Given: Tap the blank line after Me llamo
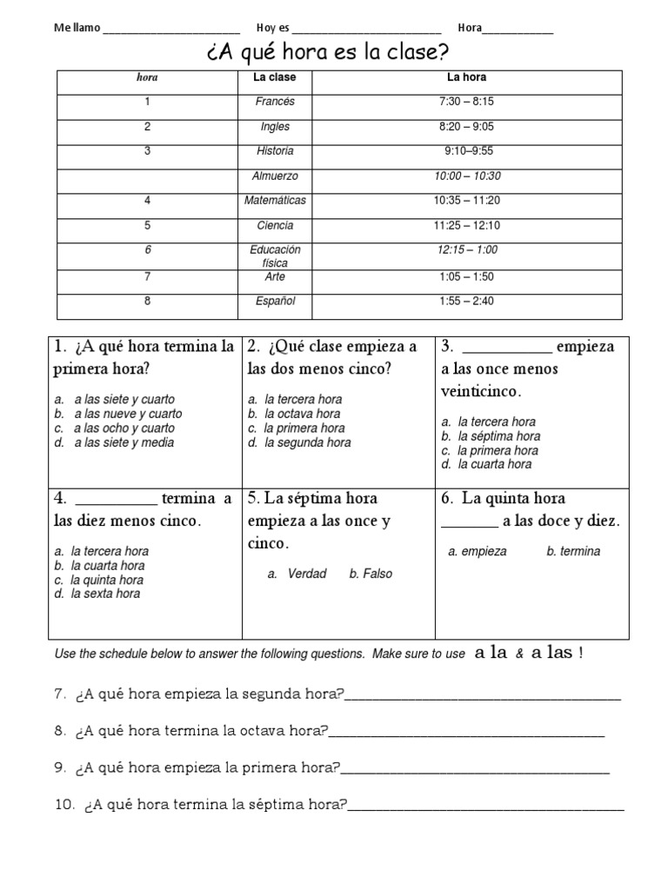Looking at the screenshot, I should pos(171,29).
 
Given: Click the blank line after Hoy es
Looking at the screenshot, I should pos(368,29).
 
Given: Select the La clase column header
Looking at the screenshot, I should pos(275,77).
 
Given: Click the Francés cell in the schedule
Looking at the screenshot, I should pos(275,102).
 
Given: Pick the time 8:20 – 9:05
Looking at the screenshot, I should pos(467,126).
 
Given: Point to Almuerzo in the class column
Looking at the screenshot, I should pos(275,176).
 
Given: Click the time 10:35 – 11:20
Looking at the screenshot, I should pos(467,201).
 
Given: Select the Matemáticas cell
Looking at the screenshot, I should pos(275,201).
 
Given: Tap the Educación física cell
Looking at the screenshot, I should pos(275,256).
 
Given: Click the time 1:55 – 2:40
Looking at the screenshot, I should pos(467,301).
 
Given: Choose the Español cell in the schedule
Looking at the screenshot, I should pos(275,301).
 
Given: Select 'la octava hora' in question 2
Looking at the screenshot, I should pos(303,415).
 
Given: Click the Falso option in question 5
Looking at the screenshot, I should pos(377,574).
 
